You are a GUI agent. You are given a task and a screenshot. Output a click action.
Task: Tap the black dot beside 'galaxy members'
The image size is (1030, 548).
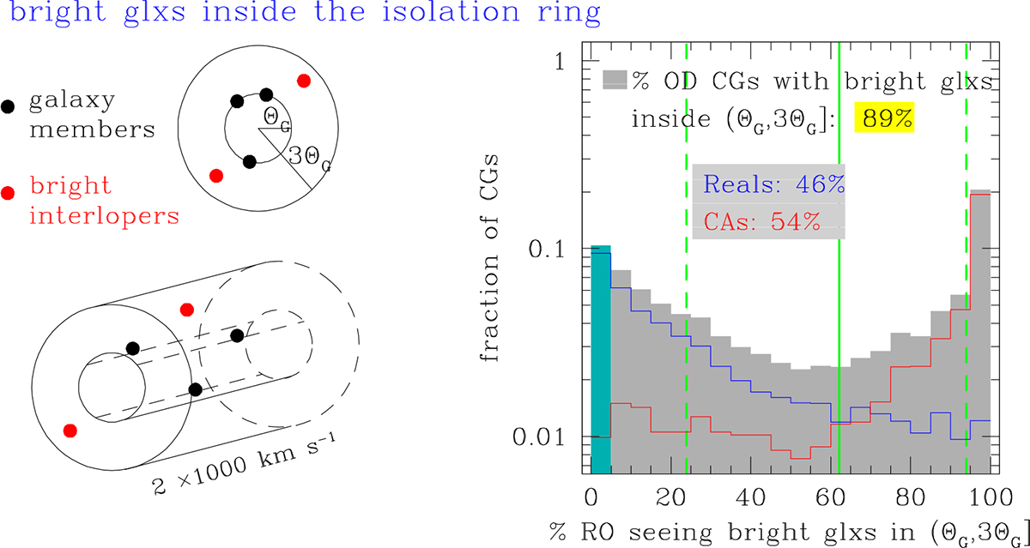[x=9, y=108]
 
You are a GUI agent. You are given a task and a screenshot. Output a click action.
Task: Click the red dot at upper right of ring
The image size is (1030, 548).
[x=303, y=81]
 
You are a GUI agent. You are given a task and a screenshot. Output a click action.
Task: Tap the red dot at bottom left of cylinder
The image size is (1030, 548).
[x=70, y=429]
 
